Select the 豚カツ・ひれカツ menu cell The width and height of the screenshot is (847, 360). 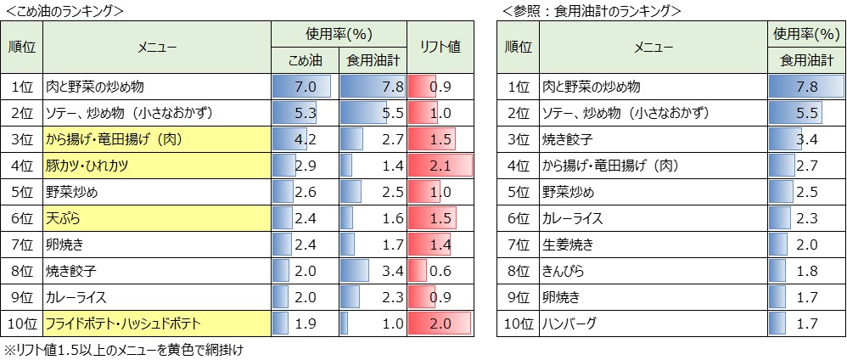click(157, 166)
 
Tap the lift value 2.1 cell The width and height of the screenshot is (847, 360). click(440, 166)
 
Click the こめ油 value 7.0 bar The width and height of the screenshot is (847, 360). click(305, 87)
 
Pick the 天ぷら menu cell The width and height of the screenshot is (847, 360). click(157, 218)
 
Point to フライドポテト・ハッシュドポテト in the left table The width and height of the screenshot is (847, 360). click(157, 323)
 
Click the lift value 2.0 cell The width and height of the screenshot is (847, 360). click(440, 323)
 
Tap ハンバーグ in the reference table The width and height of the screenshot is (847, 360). click(653, 323)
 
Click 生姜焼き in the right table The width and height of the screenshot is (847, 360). click(653, 245)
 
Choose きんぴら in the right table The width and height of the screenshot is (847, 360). click(653, 271)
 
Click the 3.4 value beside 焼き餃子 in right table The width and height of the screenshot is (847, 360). click(804, 139)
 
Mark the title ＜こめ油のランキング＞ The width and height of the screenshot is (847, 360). click(65, 10)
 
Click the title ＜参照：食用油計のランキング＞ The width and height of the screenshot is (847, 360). click(591, 10)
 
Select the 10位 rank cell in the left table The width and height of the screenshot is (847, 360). click(24, 323)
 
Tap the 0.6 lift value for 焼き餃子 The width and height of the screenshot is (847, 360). click(440, 271)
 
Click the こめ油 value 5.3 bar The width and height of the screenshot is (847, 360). click(305, 113)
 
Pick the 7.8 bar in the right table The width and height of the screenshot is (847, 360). click(804, 87)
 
